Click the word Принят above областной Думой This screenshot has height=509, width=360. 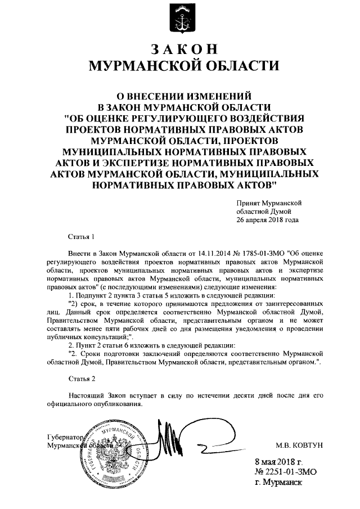click(x=249, y=202)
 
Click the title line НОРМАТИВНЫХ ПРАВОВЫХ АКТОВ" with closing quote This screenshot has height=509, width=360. click(x=180, y=184)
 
